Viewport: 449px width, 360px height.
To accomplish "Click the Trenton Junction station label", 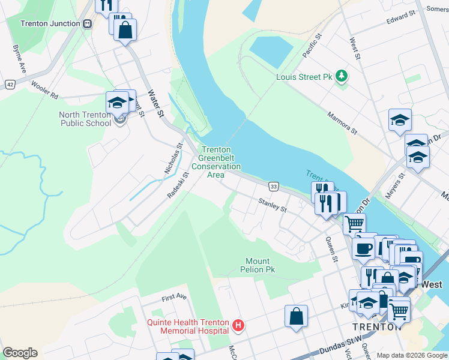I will [x=50, y=24].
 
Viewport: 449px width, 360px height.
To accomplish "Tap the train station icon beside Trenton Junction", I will [x=88, y=24].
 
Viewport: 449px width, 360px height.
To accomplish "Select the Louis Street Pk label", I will [x=304, y=77].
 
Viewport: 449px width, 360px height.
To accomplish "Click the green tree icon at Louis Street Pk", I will [x=342, y=76].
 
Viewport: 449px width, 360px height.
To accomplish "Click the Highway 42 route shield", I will [x=10, y=85].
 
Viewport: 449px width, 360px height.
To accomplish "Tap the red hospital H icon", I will [x=238, y=326].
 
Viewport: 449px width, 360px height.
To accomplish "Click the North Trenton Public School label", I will [x=85, y=119].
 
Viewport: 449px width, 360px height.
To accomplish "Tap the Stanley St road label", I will [x=273, y=206].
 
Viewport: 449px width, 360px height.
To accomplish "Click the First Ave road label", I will [x=175, y=297].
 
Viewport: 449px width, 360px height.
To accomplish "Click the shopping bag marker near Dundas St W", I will [x=297, y=316].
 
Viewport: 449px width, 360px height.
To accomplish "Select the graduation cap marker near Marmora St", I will [x=400, y=120].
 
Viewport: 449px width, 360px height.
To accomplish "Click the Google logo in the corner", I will [x=20, y=353].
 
